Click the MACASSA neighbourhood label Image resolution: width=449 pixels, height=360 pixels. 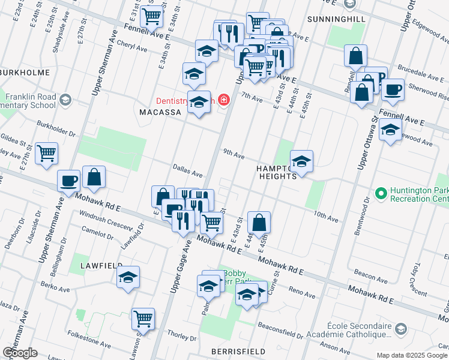click(160, 112)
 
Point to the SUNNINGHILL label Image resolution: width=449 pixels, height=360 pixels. click(336, 19)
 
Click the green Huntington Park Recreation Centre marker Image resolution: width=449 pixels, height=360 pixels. click(380, 193)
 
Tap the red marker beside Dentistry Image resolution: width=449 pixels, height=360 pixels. click(224, 100)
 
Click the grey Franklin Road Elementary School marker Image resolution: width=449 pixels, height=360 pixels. click(66, 100)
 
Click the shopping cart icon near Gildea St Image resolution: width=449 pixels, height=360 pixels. click(46, 153)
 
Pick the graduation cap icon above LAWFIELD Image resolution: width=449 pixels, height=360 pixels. click(128, 277)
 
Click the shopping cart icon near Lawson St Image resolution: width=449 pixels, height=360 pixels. click(143, 319)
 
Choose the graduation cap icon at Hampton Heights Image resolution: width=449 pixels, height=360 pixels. click(301, 160)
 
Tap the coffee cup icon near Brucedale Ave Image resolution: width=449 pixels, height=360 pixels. click(393, 89)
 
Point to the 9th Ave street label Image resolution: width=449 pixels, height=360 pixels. click(234, 155)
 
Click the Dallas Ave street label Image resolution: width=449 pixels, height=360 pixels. click(187, 173)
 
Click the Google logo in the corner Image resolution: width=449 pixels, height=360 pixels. click(20, 353)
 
